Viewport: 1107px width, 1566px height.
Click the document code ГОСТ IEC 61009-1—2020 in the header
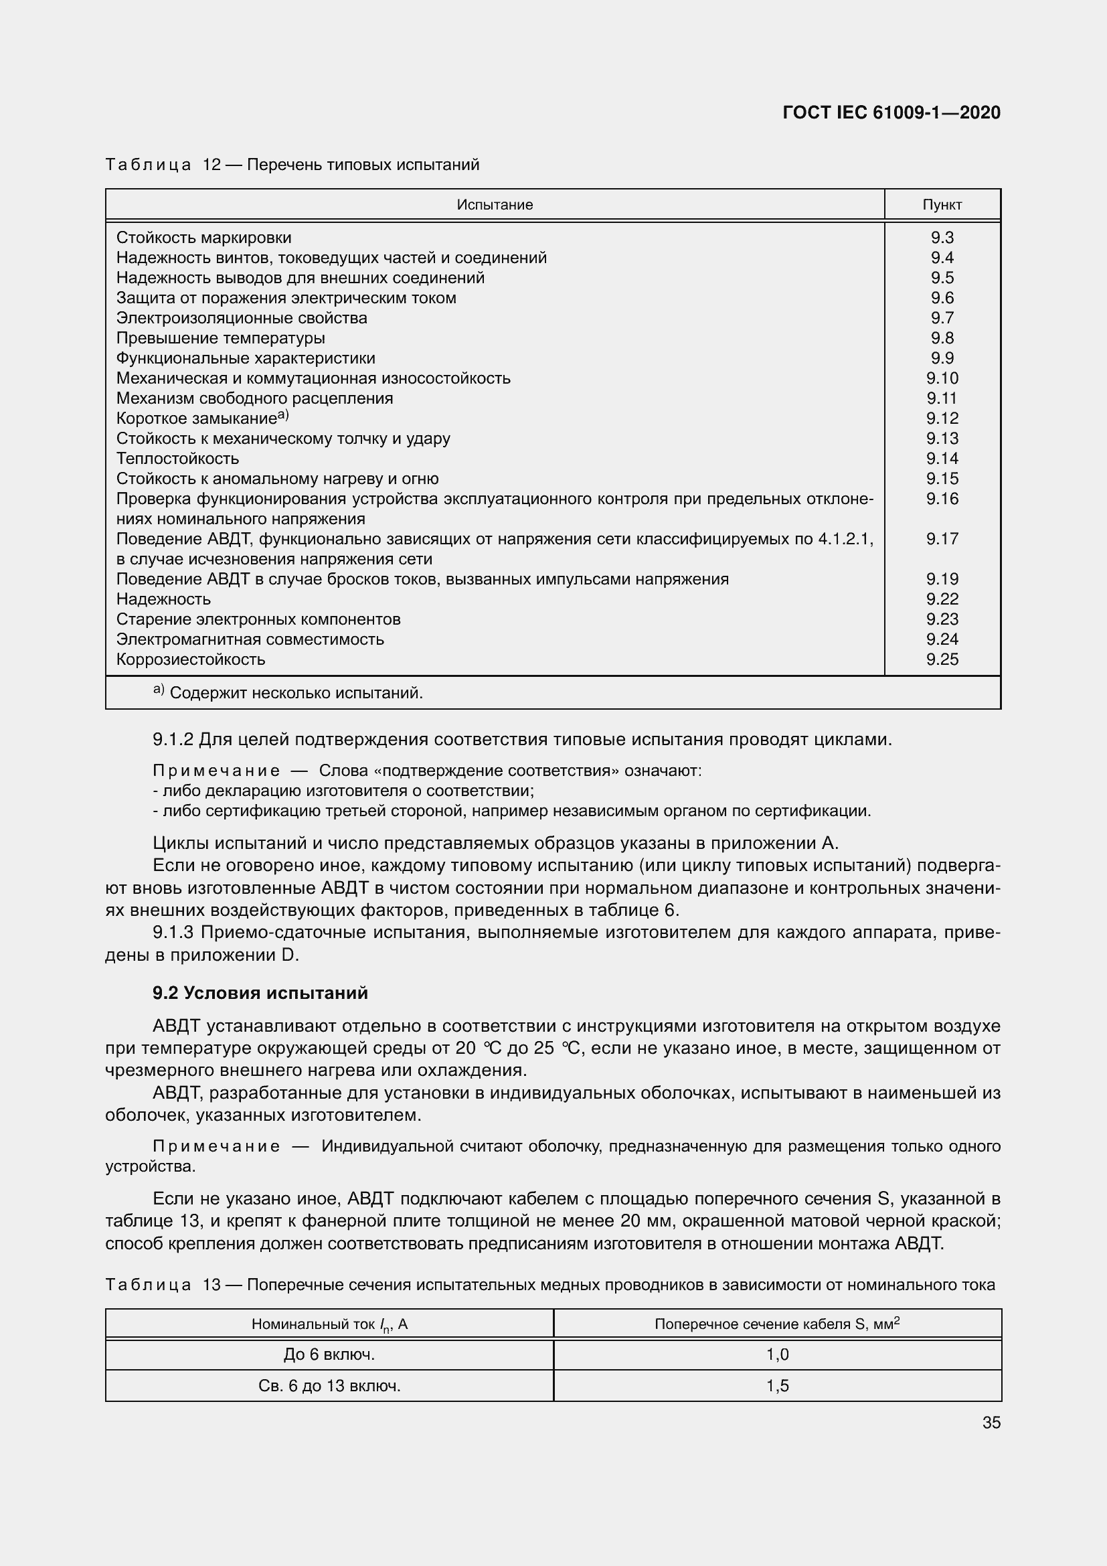pyautogui.click(x=891, y=112)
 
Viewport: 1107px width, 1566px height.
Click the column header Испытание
pyautogui.click(x=494, y=205)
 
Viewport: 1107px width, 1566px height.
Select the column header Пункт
pyautogui.click(x=942, y=205)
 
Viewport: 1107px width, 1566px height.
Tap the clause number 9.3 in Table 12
pyautogui.click(x=942, y=238)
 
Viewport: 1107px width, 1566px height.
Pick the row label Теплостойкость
pyautogui.click(x=177, y=459)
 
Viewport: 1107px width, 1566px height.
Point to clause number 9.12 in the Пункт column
pyautogui.click(x=942, y=418)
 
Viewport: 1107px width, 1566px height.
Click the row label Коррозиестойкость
pyautogui.click(x=190, y=659)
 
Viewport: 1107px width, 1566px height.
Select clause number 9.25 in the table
pyautogui.click(x=942, y=659)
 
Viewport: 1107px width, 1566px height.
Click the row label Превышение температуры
pyautogui.click(x=220, y=338)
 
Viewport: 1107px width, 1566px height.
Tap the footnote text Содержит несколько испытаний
pyautogui.click(x=296, y=693)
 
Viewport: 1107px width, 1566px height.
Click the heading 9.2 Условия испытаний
pyautogui.click(x=260, y=992)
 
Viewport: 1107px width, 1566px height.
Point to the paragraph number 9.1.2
pyautogui.click(x=173, y=739)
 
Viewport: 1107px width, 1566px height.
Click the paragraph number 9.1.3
pyautogui.click(x=173, y=933)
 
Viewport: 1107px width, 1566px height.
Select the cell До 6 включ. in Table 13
pyautogui.click(x=329, y=1354)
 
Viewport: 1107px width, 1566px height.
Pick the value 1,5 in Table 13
pyautogui.click(x=777, y=1386)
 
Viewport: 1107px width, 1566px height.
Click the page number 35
pyautogui.click(x=991, y=1423)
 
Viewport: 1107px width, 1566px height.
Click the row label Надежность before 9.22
pyautogui.click(x=163, y=599)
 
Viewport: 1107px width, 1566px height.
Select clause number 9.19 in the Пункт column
pyautogui.click(x=942, y=579)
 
